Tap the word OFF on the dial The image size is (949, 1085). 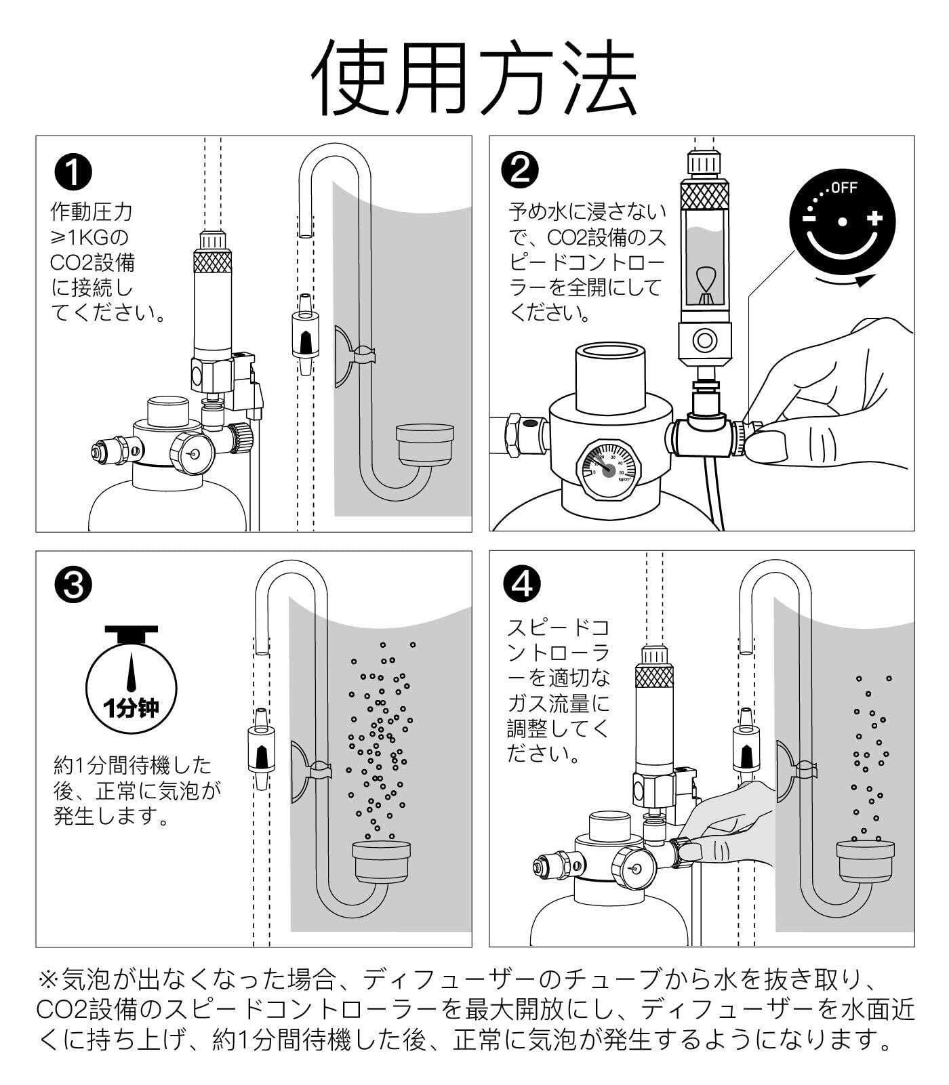pyautogui.click(x=844, y=188)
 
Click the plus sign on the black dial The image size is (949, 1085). pyautogui.click(x=874, y=218)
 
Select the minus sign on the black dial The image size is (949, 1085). pyautogui.click(x=810, y=218)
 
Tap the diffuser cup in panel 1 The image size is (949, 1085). pyautogui.click(x=425, y=445)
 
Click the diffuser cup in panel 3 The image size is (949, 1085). pyautogui.click(x=382, y=861)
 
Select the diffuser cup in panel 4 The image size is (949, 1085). pyautogui.click(x=865, y=861)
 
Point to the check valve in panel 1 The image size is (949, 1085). pyautogui.click(x=304, y=335)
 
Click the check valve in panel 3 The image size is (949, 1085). pyautogui.click(x=260, y=750)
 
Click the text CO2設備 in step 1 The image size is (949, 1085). pyautogui.click(x=92, y=263)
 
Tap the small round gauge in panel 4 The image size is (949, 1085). pyautogui.click(x=634, y=869)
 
